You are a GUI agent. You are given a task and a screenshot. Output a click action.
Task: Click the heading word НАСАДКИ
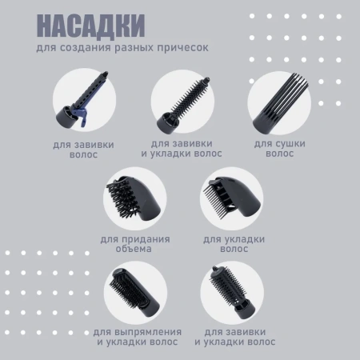pyautogui.click(x=91, y=26)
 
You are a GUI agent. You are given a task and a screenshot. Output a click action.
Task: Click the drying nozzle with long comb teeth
pyautogui.click(x=277, y=103)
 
